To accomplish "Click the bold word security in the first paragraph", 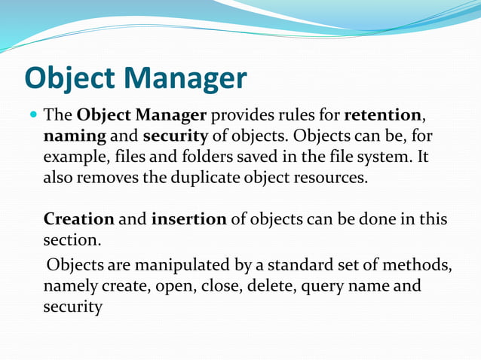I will (174, 138).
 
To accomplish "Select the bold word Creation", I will (79, 220).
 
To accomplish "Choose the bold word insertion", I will (188, 220).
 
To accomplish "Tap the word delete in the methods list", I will (267, 286).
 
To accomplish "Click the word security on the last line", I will (72, 308).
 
